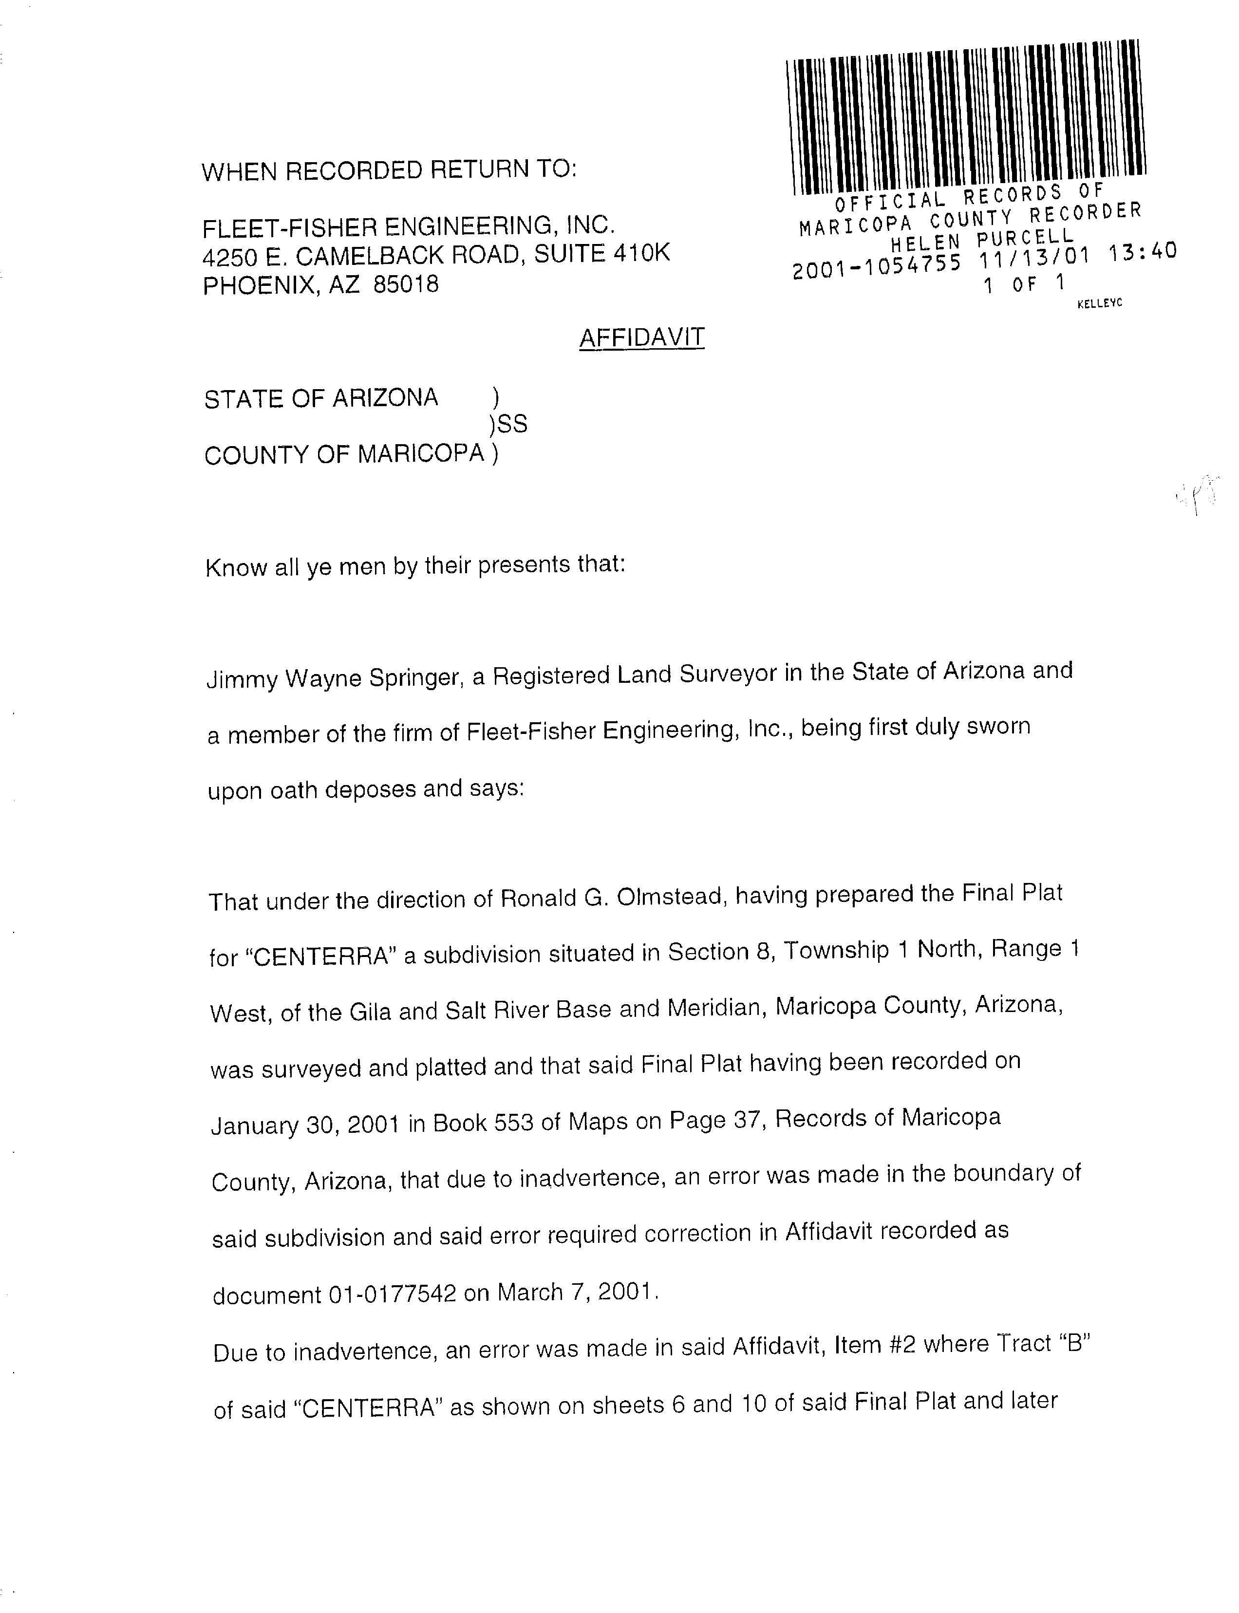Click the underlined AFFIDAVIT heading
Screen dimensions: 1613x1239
[x=641, y=338]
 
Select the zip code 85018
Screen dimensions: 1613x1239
[x=406, y=285]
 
